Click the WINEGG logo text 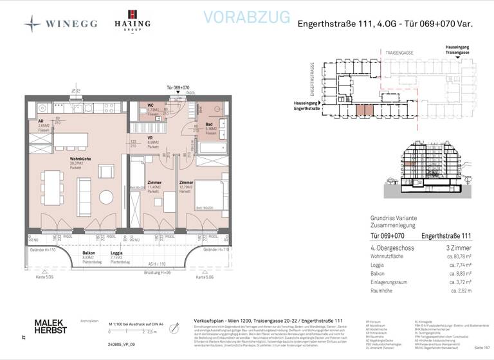[71, 24]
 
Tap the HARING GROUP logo [133, 21]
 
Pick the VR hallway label [149, 138]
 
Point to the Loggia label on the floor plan [116, 254]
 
